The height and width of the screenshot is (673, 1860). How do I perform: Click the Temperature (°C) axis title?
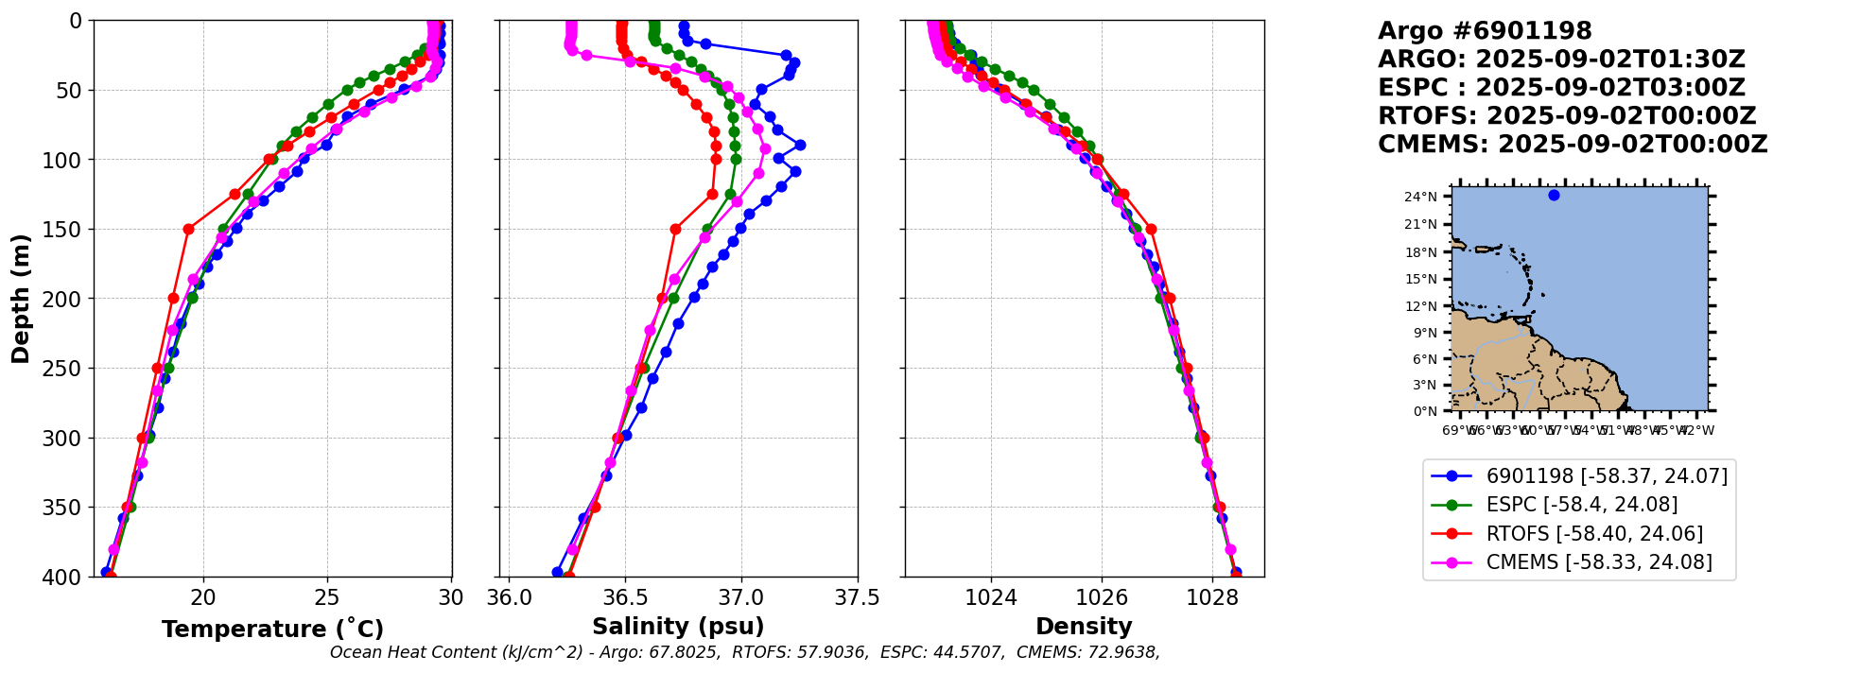[272, 630]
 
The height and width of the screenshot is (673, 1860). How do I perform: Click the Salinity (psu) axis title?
[678, 627]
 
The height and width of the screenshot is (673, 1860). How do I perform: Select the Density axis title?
[1084, 627]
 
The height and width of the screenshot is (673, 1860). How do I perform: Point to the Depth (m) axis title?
[21, 299]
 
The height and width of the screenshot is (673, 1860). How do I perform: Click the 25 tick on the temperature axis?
[327, 597]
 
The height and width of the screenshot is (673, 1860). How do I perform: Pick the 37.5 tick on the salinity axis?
[858, 597]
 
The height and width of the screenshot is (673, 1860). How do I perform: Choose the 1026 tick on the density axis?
[1102, 597]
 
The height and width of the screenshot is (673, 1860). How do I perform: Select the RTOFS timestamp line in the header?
[1567, 116]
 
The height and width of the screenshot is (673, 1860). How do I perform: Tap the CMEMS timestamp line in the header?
[1573, 145]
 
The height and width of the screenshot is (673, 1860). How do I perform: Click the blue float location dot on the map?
[1554, 196]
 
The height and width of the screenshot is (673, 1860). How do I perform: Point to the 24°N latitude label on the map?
[1420, 198]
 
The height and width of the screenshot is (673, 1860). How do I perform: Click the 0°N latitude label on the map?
[1424, 411]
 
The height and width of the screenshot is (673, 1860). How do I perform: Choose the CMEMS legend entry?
[1599, 562]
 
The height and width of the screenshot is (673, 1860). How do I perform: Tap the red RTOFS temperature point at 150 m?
[188, 229]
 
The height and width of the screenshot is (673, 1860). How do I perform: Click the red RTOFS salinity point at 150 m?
[675, 229]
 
